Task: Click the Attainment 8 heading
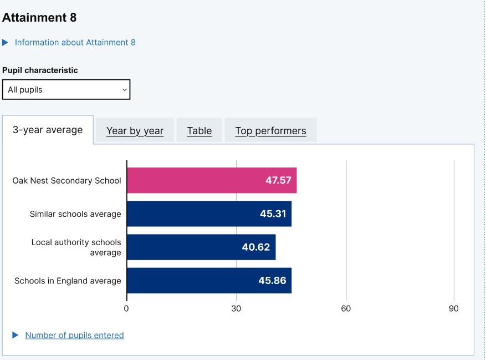click(39, 18)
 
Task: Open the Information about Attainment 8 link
click(75, 43)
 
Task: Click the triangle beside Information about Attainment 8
click(6, 43)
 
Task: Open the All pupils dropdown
click(66, 90)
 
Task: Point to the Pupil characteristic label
click(40, 70)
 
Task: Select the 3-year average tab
click(48, 130)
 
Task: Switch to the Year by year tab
click(135, 131)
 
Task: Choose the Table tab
click(199, 131)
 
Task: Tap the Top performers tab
click(270, 131)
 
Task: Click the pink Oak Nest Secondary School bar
click(211, 180)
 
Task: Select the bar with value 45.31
click(208, 214)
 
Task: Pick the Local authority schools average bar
click(201, 247)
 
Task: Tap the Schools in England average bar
click(208, 281)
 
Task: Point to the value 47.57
click(278, 180)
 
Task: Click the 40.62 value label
click(256, 247)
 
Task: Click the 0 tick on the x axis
click(126, 309)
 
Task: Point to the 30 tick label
click(236, 309)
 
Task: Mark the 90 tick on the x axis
click(454, 309)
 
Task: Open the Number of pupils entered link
click(74, 335)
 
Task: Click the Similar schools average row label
click(75, 214)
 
